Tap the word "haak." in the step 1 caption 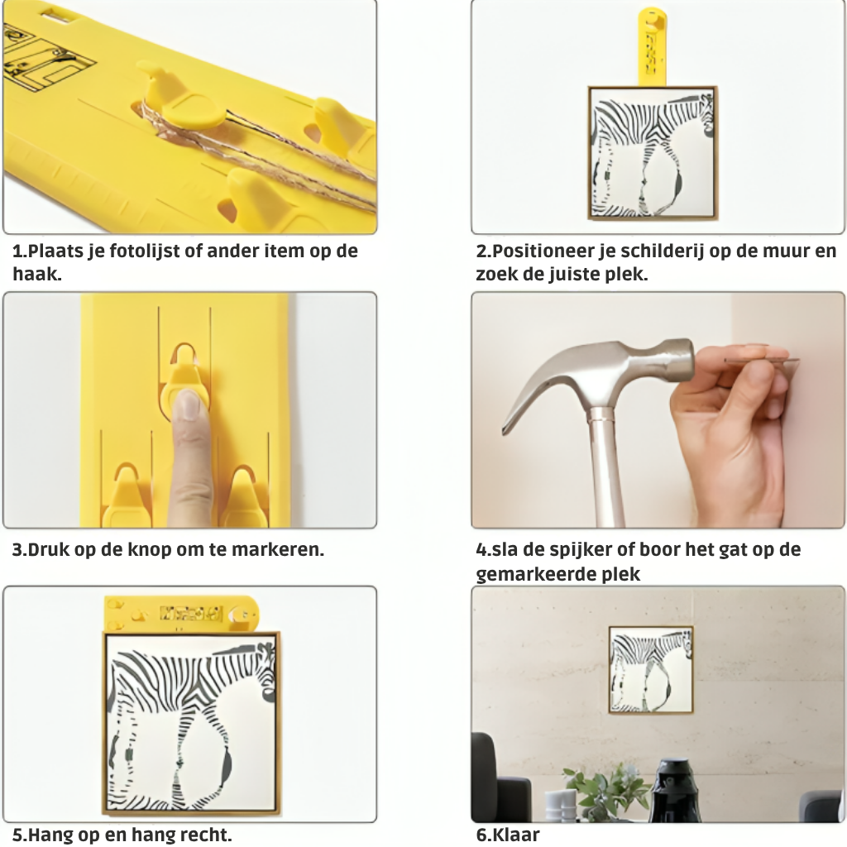(x=36, y=275)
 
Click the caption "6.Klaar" (x=508, y=835)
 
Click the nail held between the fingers (x=762, y=360)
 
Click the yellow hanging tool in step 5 (x=181, y=615)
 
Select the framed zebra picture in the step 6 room (x=651, y=670)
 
